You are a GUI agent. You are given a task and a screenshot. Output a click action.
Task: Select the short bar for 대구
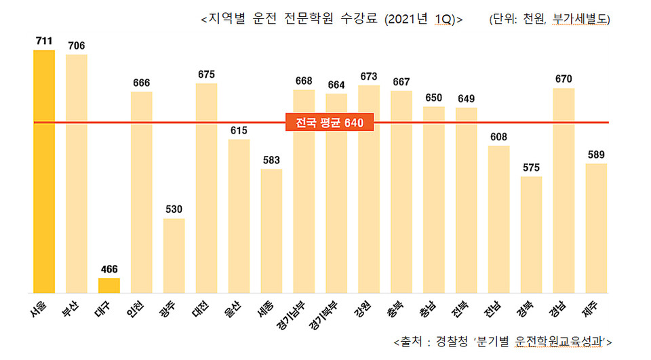click(108, 285)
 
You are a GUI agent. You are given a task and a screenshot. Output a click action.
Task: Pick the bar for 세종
click(271, 231)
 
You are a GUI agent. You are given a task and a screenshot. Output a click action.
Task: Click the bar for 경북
click(531, 235)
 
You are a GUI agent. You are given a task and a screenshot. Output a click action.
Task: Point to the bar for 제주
click(596, 228)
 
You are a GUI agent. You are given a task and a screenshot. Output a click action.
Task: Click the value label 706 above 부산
click(77, 45)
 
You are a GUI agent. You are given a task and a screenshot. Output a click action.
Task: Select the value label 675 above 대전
click(206, 75)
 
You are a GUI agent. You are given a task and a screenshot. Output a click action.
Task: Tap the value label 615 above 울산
click(239, 130)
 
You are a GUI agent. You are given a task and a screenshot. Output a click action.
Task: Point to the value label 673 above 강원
click(369, 76)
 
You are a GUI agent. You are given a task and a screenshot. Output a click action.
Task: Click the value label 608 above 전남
click(498, 136)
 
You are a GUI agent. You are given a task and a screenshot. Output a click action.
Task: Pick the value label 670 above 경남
click(564, 79)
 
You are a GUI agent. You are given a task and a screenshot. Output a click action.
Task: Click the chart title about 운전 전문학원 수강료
click(332, 20)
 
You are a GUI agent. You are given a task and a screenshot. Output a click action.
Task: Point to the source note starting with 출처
click(502, 340)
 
